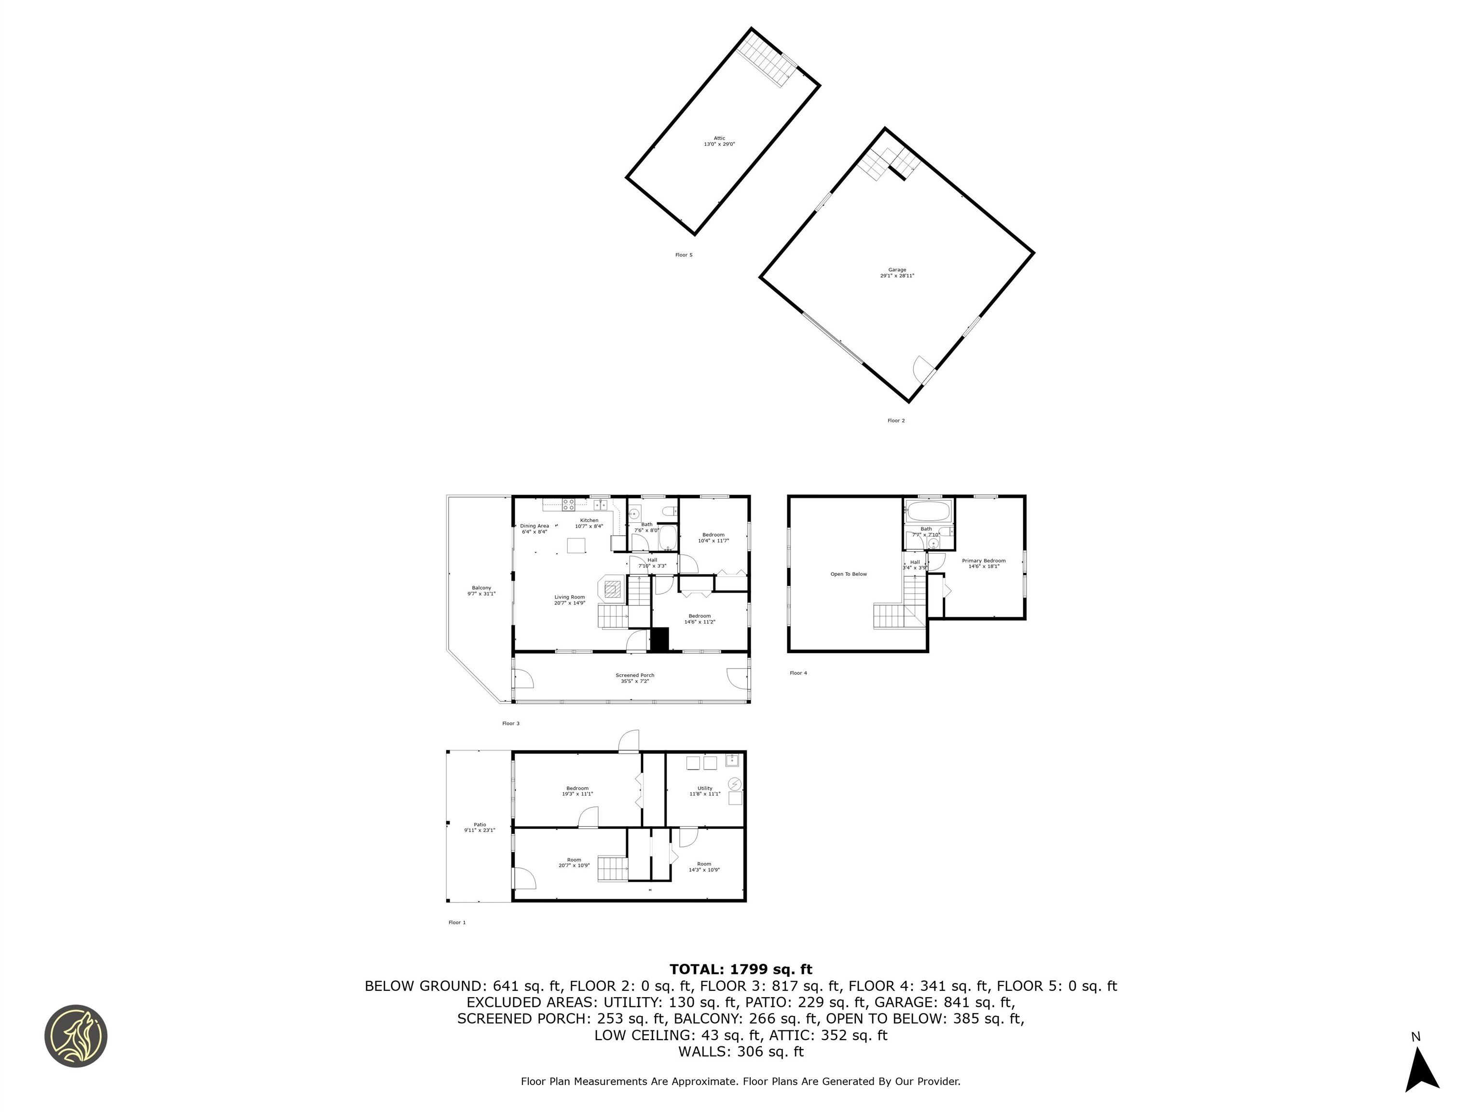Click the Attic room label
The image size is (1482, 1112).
(x=719, y=141)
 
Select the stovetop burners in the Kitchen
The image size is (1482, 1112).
(x=569, y=504)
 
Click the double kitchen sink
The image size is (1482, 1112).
(x=600, y=504)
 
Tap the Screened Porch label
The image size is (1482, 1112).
(x=634, y=678)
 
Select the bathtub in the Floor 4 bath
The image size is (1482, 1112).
(x=927, y=512)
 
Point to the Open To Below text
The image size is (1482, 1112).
(x=848, y=574)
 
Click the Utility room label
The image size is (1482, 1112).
(x=705, y=791)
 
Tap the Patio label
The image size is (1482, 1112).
(x=480, y=827)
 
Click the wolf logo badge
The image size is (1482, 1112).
(x=76, y=1036)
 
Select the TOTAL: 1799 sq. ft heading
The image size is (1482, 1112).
(x=741, y=969)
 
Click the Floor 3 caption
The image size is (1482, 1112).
(x=510, y=723)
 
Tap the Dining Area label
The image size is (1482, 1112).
(x=534, y=528)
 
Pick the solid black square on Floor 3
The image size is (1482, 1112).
(x=659, y=639)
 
